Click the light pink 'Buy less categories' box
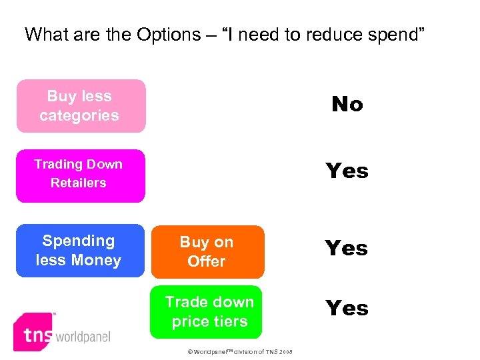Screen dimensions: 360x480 81,106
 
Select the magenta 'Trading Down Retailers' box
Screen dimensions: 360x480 80,175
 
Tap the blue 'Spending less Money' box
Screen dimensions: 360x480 80,251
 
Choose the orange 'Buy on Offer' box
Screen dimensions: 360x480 207,252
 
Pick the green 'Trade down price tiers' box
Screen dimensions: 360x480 206,312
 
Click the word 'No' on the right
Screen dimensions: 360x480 347,104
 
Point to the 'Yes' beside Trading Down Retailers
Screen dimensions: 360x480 347,171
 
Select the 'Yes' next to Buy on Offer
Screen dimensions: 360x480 347,248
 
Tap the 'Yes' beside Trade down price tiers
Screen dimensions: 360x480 347,308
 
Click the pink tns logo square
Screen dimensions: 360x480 34,331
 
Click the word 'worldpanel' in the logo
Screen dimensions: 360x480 83,337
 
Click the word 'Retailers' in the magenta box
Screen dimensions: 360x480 79,183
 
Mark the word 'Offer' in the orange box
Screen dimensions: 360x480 207,261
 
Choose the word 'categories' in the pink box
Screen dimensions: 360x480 79,115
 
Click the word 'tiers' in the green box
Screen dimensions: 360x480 229,321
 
